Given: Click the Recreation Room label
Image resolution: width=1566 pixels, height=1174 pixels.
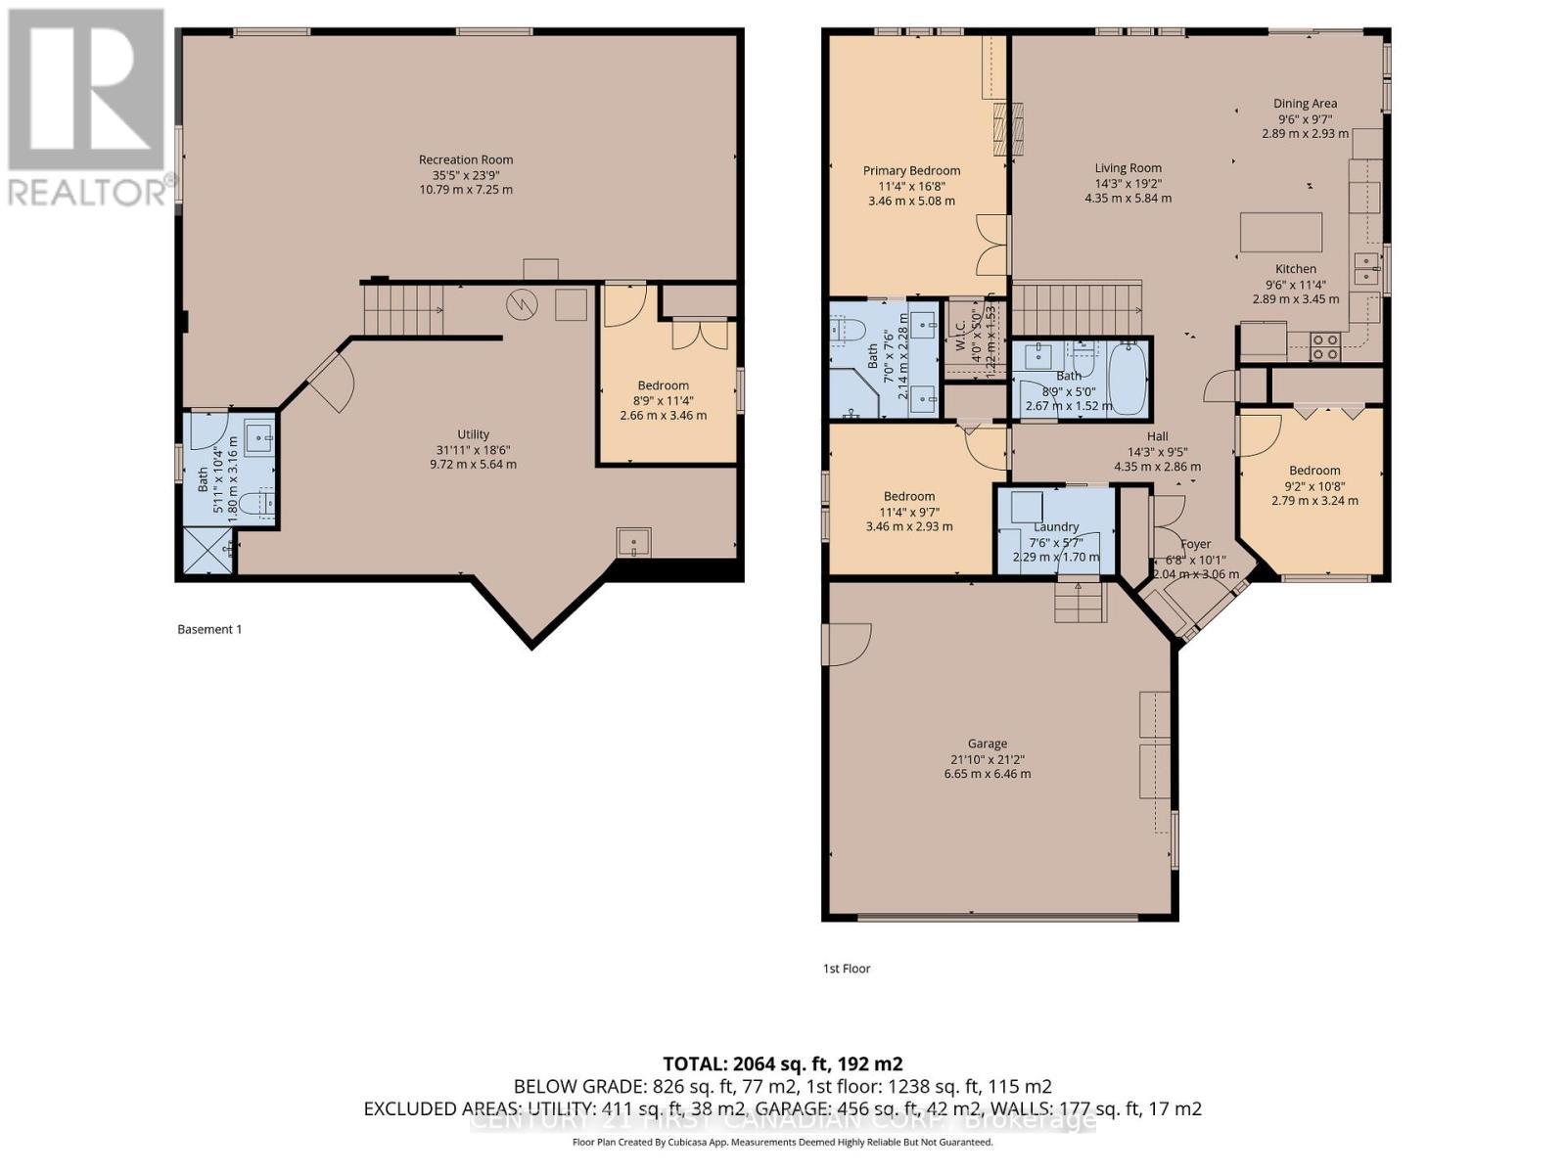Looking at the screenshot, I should [466, 159].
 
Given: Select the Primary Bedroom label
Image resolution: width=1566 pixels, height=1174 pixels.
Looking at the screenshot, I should [911, 171].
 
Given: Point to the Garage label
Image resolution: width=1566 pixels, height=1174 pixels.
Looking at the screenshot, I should [987, 744].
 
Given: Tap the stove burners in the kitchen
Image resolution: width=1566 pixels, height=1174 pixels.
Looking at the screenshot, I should [1325, 347].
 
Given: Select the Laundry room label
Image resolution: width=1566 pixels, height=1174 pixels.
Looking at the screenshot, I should [1056, 526].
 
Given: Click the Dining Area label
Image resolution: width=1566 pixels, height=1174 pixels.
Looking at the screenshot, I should [1305, 104].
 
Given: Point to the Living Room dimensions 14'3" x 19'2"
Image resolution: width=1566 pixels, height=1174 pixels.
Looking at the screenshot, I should [1128, 183].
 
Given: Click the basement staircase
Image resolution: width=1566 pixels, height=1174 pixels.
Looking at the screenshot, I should [401, 308].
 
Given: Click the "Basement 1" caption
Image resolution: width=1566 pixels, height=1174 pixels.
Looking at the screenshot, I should [209, 629].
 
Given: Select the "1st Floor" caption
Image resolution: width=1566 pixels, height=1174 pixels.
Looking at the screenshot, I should [847, 969].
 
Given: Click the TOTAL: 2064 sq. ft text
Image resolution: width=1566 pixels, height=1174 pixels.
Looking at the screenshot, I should [782, 1064].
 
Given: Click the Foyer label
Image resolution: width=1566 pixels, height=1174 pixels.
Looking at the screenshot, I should [1195, 544].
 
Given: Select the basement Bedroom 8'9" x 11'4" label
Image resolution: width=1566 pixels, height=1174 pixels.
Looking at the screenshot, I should [664, 385].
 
